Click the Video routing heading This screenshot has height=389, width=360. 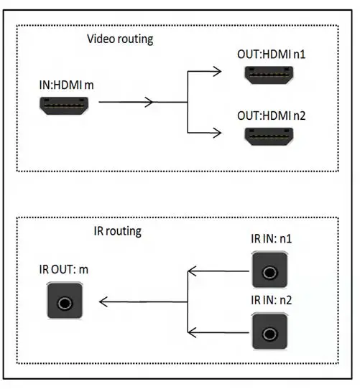119,39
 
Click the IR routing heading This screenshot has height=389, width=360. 118,231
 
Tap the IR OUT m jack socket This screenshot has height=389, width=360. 65,302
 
